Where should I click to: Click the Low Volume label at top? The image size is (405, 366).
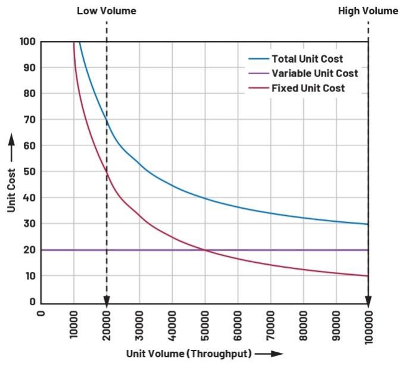pyautogui.click(x=107, y=11)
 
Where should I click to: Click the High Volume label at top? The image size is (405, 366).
pyautogui.click(x=368, y=11)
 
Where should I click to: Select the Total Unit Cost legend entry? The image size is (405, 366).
pyautogui.click(x=307, y=59)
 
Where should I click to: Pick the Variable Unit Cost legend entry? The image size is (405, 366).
pyautogui.click(x=314, y=73)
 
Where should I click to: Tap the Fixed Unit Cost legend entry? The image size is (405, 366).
pyautogui.click(x=308, y=88)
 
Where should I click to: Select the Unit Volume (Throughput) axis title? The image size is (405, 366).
pyautogui.click(x=188, y=353)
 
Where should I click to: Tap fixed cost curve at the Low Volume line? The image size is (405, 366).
pyautogui.click(x=107, y=172)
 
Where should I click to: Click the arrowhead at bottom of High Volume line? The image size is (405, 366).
pyautogui.click(x=368, y=300)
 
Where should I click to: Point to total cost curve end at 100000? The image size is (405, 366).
pyautogui.click(x=368, y=224)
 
